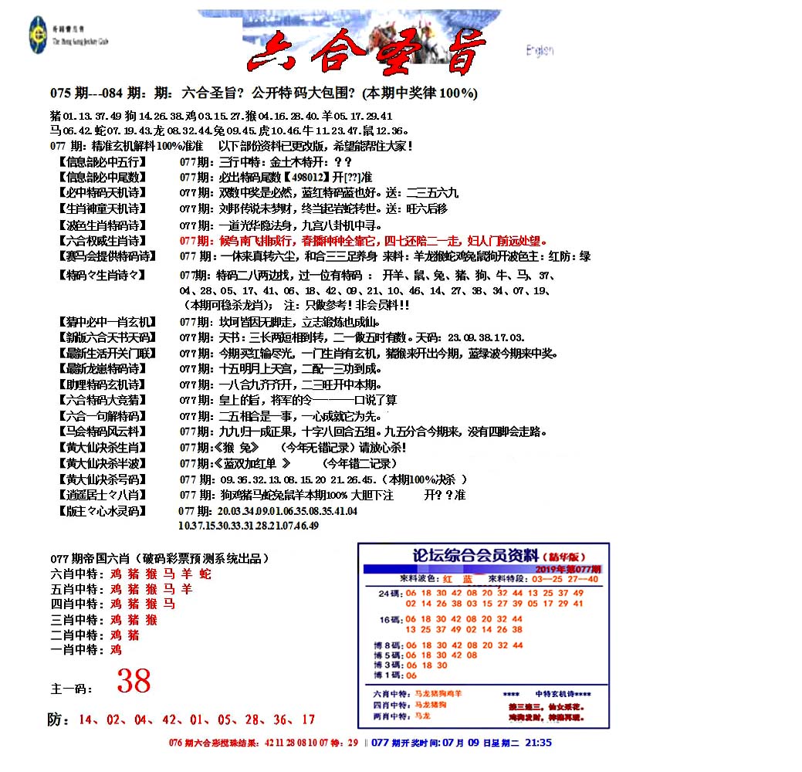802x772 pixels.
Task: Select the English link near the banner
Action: pos(539,51)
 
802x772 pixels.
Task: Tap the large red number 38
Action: pos(134,681)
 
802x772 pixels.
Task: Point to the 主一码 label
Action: pos(69,688)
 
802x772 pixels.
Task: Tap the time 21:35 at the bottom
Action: pos(538,743)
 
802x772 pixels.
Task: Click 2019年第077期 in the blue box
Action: pos(570,568)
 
